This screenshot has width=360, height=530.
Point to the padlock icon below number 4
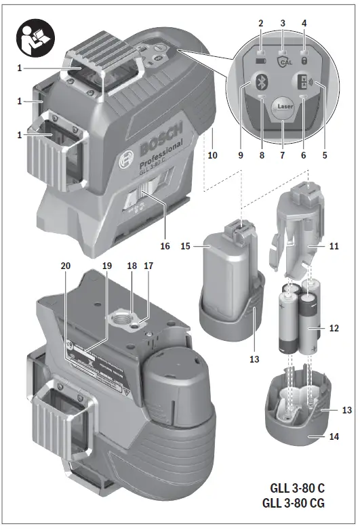[304, 60]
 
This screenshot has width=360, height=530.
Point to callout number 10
[212, 155]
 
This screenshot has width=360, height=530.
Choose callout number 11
[333, 247]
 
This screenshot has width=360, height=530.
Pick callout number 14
[333, 438]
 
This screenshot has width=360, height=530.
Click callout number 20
[65, 267]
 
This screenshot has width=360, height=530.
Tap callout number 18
[131, 267]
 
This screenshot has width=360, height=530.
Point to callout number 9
[240, 155]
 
